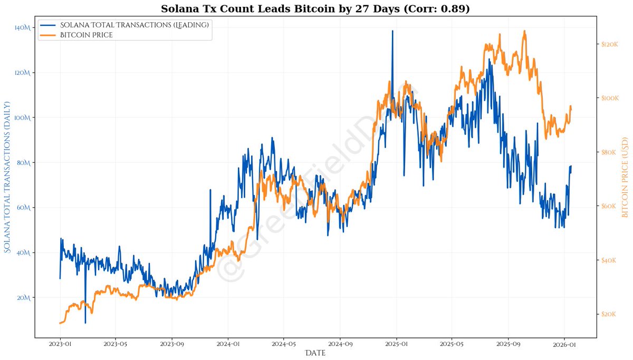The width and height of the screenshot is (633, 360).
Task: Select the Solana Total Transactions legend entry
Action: point(135,25)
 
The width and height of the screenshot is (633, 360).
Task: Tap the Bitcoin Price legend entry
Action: point(86,35)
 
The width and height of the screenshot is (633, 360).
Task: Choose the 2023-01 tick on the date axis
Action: point(60,344)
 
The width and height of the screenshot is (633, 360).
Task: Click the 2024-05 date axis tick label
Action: point(283,344)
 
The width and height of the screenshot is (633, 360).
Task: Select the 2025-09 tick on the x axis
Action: point(508,344)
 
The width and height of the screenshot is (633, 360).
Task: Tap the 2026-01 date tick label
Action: point(564,344)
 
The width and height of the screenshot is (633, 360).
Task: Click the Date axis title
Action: point(315,353)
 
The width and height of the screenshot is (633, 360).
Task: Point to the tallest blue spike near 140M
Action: point(392,31)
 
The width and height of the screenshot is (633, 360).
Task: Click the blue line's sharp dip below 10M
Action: point(85,323)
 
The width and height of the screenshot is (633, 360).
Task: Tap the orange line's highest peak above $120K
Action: point(524,31)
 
